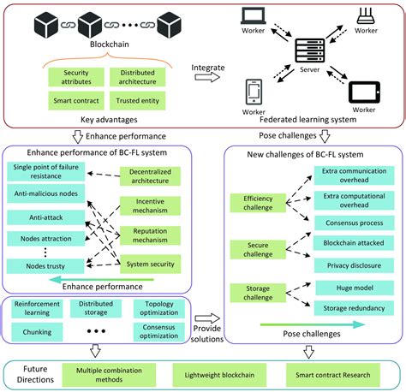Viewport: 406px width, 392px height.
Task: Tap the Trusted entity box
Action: pos(136,101)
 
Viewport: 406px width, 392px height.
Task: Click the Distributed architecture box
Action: pos(136,77)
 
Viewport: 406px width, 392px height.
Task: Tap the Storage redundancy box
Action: pos(346,306)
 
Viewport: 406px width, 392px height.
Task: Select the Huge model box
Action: pos(346,287)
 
